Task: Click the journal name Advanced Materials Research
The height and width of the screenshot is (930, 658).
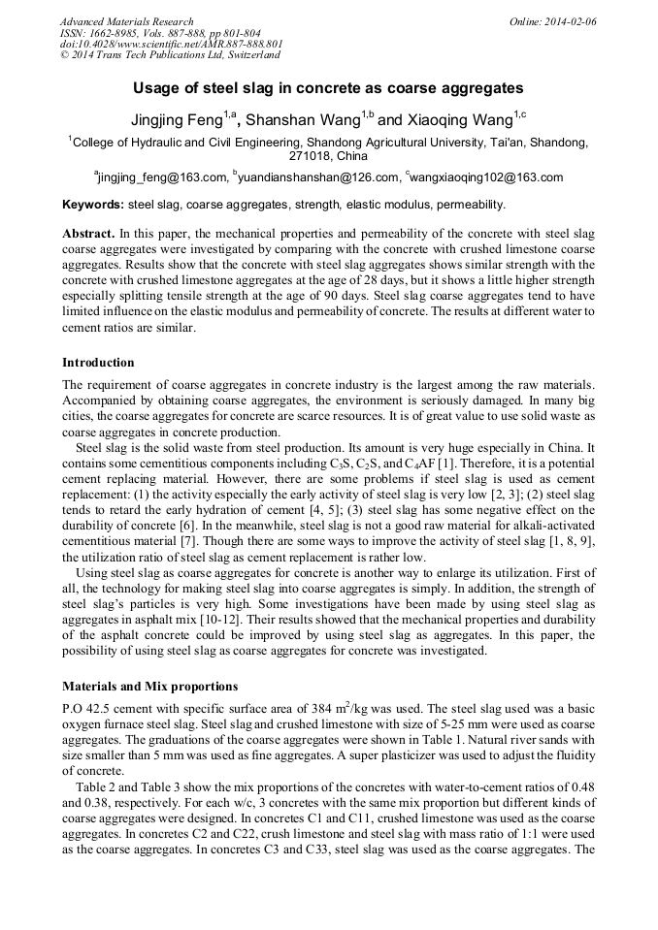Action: pos(126,21)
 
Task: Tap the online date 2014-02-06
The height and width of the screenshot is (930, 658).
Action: pos(570,21)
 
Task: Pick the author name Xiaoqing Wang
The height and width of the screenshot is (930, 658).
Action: pos(458,121)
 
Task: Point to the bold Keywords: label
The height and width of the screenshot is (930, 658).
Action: pos(93,206)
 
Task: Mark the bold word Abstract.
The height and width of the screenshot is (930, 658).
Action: pos(88,235)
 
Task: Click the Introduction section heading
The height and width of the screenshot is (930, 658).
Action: pos(98,363)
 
